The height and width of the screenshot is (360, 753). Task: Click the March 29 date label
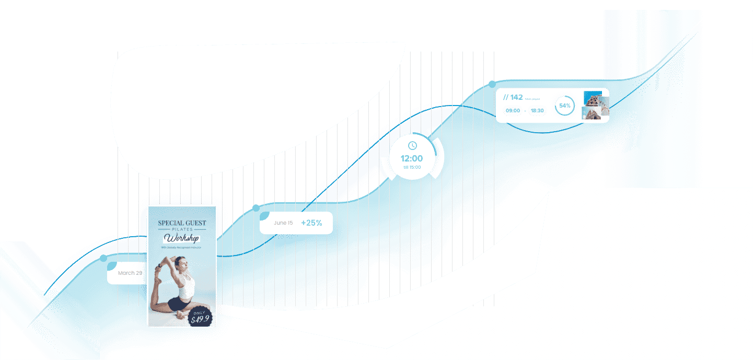pyautogui.click(x=130, y=273)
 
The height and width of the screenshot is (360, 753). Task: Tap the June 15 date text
pyautogui.click(x=283, y=223)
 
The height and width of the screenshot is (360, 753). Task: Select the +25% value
pyautogui.click(x=311, y=223)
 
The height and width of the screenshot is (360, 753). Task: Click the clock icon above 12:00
pyautogui.click(x=412, y=145)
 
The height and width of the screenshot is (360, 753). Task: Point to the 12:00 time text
pyautogui.click(x=412, y=158)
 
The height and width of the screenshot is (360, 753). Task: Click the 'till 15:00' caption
pyautogui.click(x=412, y=167)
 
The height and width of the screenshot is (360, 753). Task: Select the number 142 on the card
pyautogui.click(x=516, y=97)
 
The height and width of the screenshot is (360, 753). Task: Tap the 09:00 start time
pyautogui.click(x=513, y=111)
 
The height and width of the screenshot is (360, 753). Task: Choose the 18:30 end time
pyautogui.click(x=537, y=111)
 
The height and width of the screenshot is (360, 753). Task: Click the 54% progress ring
pyautogui.click(x=564, y=106)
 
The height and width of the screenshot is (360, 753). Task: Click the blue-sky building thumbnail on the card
pyautogui.click(x=592, y=99)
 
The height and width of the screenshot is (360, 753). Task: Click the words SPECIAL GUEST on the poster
pyautogui.click(x=182, y=223)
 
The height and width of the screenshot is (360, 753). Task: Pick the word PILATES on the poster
pyautogui.click(x=182, y=230)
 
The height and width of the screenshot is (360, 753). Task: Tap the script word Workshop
pyautogui.click(x=181, y=239)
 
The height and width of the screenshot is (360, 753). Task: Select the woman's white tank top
pyautogui.click(x=186, y=286)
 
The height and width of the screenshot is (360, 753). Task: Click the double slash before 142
pyautogui.click(x=505, y=98)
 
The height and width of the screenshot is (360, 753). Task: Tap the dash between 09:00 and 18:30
pyautogui.click(x=525, y=111)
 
